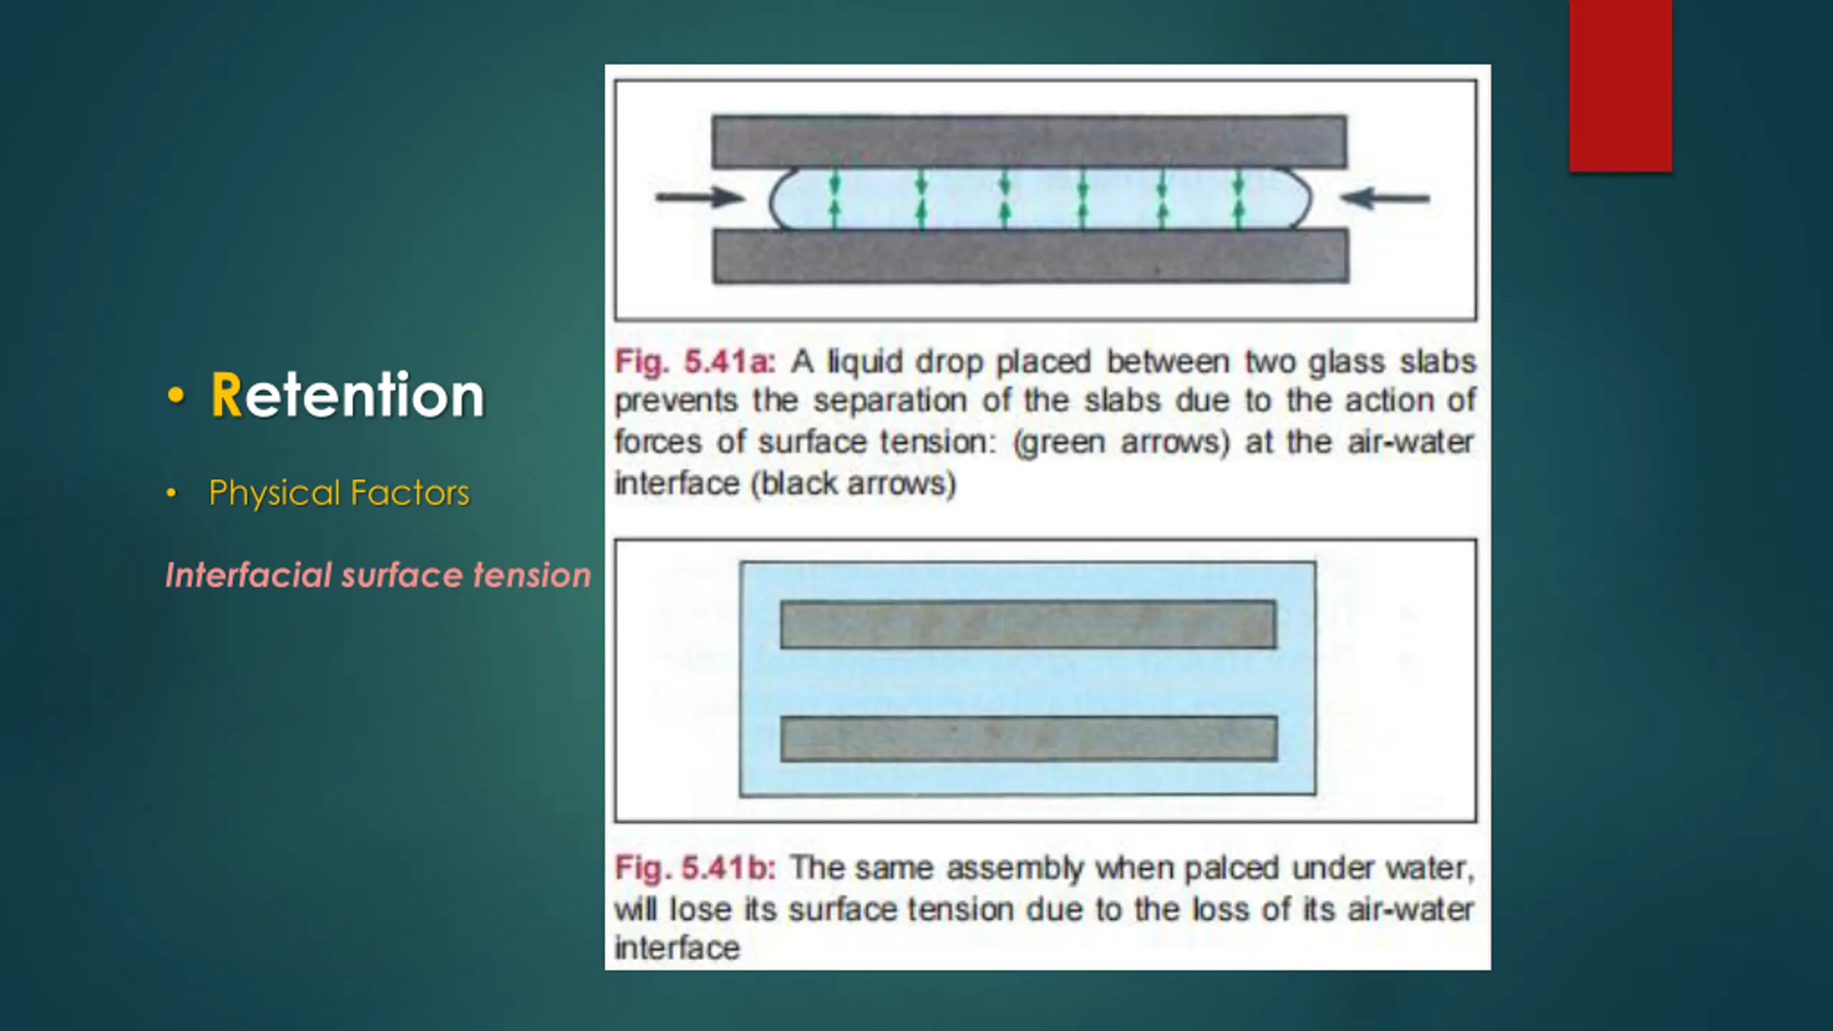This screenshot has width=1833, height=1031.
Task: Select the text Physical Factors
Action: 339,493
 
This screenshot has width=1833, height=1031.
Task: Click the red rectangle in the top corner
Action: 1620,86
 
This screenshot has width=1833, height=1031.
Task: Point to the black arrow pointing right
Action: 700,197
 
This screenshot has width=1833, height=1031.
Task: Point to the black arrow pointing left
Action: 1385,198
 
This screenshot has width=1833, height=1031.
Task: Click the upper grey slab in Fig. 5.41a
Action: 1029,142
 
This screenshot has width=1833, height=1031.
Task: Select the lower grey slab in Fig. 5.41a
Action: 1031,256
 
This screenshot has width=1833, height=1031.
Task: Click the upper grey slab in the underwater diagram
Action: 1028,625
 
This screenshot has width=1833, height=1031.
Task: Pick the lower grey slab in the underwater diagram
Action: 1029,738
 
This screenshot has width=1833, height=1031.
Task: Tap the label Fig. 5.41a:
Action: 695,362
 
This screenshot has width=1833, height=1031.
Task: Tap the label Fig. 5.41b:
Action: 695,868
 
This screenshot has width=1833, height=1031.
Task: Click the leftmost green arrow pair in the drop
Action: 834,199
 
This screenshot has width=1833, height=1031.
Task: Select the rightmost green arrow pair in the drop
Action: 1239,199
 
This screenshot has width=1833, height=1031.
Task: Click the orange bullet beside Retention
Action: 175,395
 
